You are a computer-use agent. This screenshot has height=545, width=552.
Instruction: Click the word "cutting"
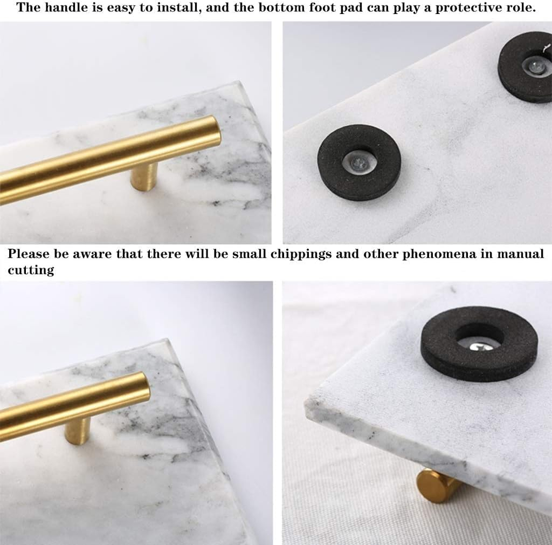click(31, 269)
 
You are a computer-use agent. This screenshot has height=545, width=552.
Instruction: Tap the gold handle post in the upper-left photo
click(143, 176)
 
